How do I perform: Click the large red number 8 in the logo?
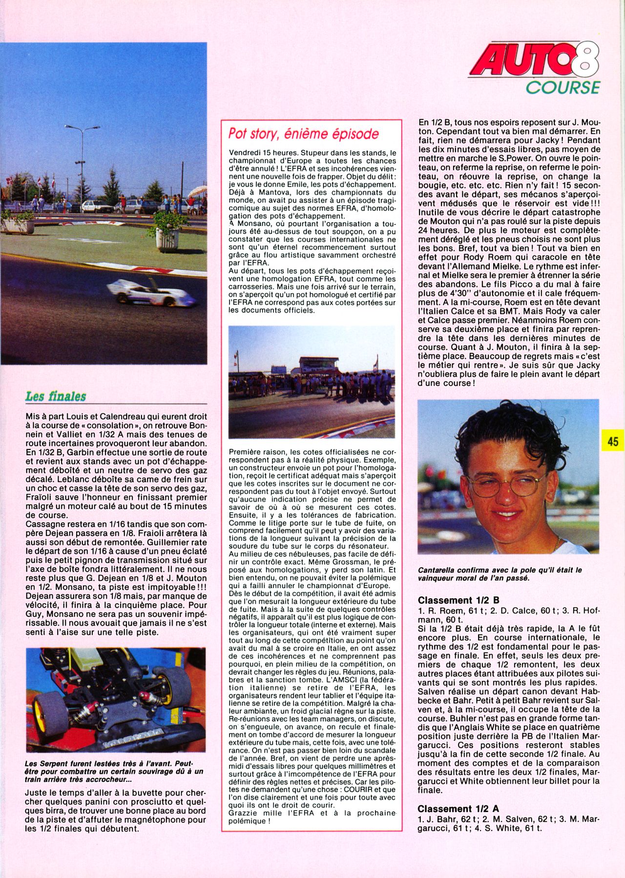coord(582,61)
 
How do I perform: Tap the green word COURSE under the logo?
coord(562,87)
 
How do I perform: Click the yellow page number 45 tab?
coord(613,441)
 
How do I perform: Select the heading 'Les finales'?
coord(56,396)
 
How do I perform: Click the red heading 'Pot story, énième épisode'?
coord(304,134)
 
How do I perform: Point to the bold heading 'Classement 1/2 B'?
coord(458,600)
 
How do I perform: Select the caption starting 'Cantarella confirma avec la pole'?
coord(500,574)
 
